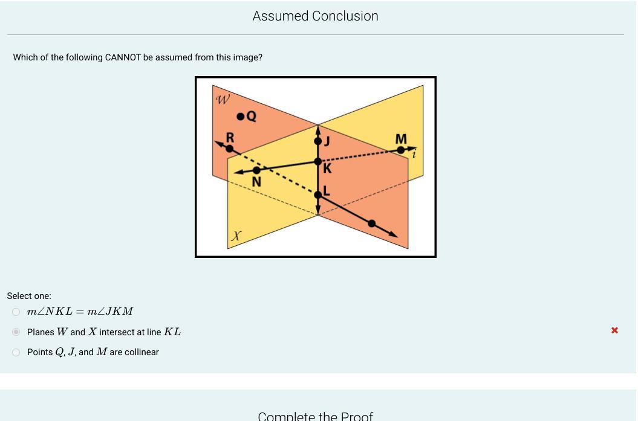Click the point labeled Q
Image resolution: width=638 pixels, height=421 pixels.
point(241,117)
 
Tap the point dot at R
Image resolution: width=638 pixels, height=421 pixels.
point(230,149)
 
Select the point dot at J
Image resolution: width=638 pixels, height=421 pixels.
point(318,141)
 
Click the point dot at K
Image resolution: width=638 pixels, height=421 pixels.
point(318,161)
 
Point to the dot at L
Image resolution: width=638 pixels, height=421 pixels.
point(318,194)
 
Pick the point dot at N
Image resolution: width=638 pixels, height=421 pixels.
point(256,170)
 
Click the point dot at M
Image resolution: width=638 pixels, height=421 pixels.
point(401,150)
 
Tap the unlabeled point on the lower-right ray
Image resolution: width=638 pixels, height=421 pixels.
point(372,223)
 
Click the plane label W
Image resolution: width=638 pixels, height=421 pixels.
point(223,100)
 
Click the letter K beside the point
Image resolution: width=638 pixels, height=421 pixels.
point(327,169)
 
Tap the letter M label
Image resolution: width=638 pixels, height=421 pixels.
point(401,140)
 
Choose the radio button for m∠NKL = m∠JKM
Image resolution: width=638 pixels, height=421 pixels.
point(16,312)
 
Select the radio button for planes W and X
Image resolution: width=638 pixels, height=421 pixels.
point(16,332)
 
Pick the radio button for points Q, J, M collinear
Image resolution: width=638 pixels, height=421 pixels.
point(16,352)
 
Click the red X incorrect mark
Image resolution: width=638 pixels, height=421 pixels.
point(614,330)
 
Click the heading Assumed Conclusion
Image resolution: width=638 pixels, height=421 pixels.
point(315,16)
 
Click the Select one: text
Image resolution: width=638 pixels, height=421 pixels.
point(29,296)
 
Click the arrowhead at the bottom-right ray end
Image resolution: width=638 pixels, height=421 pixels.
point(394,234)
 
